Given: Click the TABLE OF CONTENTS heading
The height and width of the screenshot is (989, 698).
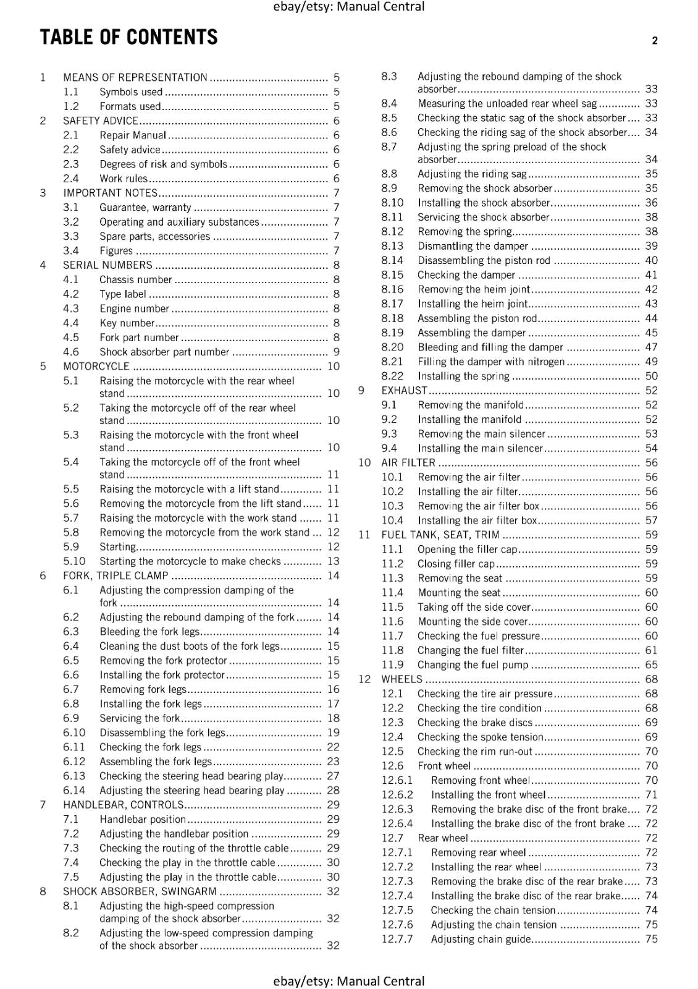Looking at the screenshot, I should pos(128,38).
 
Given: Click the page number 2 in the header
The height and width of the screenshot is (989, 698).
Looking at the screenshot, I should pos(655,41).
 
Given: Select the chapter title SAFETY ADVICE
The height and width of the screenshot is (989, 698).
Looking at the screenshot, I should pos(100,121).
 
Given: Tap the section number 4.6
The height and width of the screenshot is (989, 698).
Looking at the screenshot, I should pos(71,352).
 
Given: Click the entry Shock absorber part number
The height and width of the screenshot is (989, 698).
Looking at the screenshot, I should pos(164,352).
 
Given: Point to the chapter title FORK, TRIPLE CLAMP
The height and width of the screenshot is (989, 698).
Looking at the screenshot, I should pos(116,575).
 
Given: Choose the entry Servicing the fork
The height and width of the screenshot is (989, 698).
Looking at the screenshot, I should pos(140,718).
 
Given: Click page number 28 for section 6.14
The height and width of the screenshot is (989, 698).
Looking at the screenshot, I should pos(334,790).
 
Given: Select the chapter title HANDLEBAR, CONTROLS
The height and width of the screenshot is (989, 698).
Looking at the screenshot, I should pos(123,805).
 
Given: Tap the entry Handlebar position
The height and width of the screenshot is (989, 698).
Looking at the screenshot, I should pos(143,819).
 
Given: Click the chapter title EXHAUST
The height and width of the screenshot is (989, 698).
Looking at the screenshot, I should pos(404,391).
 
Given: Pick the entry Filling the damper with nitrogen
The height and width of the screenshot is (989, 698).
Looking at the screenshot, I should pos(491,362).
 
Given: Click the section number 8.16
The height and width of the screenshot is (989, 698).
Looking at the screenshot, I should pos(392,289).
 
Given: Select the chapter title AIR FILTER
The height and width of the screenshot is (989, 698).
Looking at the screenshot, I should pos(408,463).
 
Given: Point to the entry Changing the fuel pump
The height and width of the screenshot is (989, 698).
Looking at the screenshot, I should pos(473,665).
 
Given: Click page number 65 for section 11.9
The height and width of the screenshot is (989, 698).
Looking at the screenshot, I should pos(652,665).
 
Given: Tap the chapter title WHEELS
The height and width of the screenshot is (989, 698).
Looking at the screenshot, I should pos(402,679).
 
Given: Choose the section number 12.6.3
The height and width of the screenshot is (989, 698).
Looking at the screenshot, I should pos(397,809).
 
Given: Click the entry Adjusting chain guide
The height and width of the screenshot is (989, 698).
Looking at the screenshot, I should pos(481,939).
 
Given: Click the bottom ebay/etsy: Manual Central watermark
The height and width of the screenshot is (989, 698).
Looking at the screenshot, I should pos(349,981).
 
